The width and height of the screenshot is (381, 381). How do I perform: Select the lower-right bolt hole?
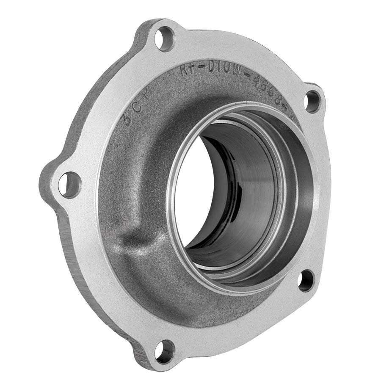[x=306, y=280]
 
